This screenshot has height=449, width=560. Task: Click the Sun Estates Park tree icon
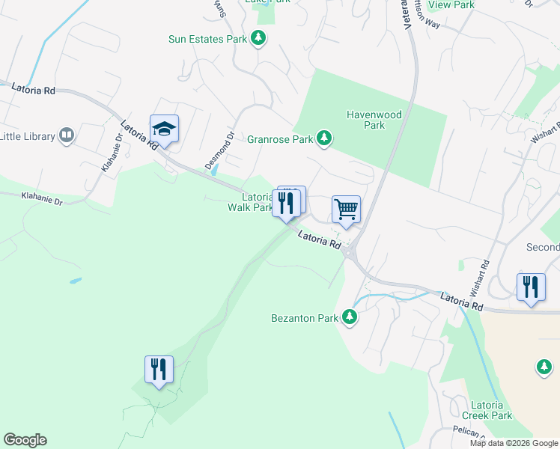click(x=258, y=38)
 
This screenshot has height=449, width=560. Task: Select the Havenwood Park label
click(x=374, y=120)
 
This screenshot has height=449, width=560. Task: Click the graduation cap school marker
click(x=163, y=129)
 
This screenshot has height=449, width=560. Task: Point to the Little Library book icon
click(x=67, y=135)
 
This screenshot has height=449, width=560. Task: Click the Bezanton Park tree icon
click(x=349, y=317)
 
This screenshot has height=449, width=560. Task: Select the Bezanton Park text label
click(x=305, y=318)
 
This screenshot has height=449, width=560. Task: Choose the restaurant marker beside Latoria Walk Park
click(x=287, y=204)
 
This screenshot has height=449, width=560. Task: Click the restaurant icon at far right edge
click(x=531, y=287)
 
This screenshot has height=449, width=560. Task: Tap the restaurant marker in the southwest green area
click(x=159, y=370)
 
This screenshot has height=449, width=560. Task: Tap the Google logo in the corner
click(x=25, y=440)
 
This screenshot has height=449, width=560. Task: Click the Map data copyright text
click(x=514, y=443)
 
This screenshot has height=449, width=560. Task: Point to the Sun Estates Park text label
click(x=207, y=39)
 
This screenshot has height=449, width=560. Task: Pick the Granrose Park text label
click(x=281, y=139)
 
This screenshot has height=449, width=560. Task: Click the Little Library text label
click(x=28, y=136)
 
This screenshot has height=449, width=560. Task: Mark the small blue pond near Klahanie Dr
click(x=75, y=281)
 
